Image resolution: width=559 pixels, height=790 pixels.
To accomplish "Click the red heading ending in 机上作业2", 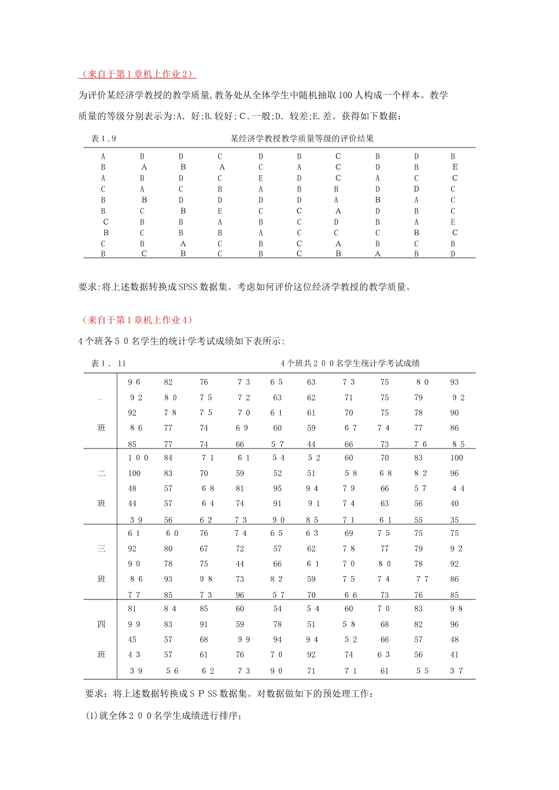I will point(137,74).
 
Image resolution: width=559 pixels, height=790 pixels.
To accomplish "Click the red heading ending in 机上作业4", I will point(137,320).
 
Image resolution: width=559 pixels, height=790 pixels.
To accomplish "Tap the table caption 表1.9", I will point(104,139).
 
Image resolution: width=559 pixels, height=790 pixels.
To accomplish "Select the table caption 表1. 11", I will point(108,363).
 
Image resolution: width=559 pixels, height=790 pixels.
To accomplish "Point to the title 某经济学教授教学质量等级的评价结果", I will point(302,139).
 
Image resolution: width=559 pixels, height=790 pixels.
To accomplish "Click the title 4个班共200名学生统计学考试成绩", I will point(350,363).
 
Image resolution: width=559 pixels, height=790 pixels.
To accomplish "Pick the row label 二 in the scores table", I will point(101,473).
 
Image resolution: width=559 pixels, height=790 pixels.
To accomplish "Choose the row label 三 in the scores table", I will point(101,548).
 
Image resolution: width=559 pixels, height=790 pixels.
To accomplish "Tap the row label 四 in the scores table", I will point(101,624).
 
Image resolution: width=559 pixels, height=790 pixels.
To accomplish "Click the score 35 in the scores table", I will point(454,520).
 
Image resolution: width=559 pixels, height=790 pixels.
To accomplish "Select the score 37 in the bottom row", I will point(457,671).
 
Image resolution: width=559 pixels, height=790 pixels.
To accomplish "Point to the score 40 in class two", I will point(454,504).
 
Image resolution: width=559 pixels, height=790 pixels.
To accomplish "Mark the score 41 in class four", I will point(454,655).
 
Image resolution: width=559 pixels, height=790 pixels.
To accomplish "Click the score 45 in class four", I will point(132,640).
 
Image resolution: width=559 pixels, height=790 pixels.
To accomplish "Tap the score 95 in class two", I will point(277,488).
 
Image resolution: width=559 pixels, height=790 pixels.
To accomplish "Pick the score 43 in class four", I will point(134,655).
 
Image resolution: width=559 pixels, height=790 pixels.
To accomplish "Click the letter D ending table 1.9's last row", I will point(453,254).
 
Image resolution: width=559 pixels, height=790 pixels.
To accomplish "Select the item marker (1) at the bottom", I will point(92,715).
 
